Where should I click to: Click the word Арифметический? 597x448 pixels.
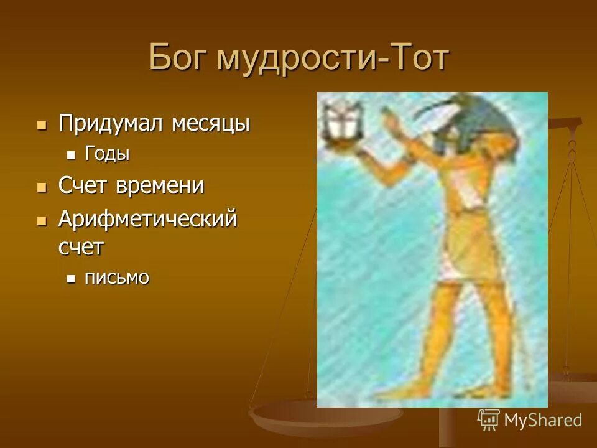click(x=147, y=219)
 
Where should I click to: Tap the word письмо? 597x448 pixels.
click(x=117, y=277)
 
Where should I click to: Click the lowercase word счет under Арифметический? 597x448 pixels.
click(x=81, y=247)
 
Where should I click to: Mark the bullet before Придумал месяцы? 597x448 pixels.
click(x=42, y=124)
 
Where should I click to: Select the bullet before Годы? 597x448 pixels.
click(x=71, y=155)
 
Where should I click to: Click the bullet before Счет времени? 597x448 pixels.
click(x=42, y=186)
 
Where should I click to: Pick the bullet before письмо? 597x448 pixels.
click(x=71, y=278)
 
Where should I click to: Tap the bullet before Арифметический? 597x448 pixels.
click(x=42, y=220)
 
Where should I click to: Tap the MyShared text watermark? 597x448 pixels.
click(x=542, y=420)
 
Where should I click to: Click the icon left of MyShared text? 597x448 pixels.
click(x=489, y=420)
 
